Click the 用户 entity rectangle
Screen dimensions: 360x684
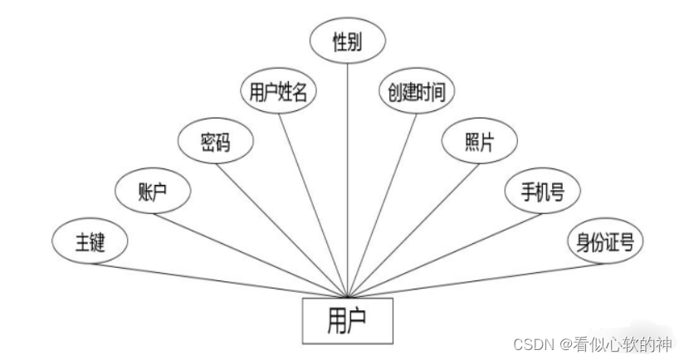347,319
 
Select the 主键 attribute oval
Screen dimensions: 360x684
89,241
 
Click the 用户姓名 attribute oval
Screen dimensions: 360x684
278,92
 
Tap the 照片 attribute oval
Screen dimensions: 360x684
479,142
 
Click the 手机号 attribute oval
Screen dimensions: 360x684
542,192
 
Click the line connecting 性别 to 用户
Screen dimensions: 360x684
348,166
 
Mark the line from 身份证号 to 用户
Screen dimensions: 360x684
481,278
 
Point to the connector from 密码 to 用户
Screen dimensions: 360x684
282,224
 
